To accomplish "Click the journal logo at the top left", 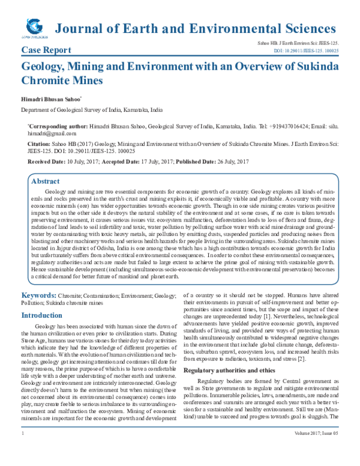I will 35,26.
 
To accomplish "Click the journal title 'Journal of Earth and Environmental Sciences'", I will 195,28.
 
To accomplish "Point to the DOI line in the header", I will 305,52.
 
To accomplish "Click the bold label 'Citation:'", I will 35,145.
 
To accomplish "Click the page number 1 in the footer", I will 22,449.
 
